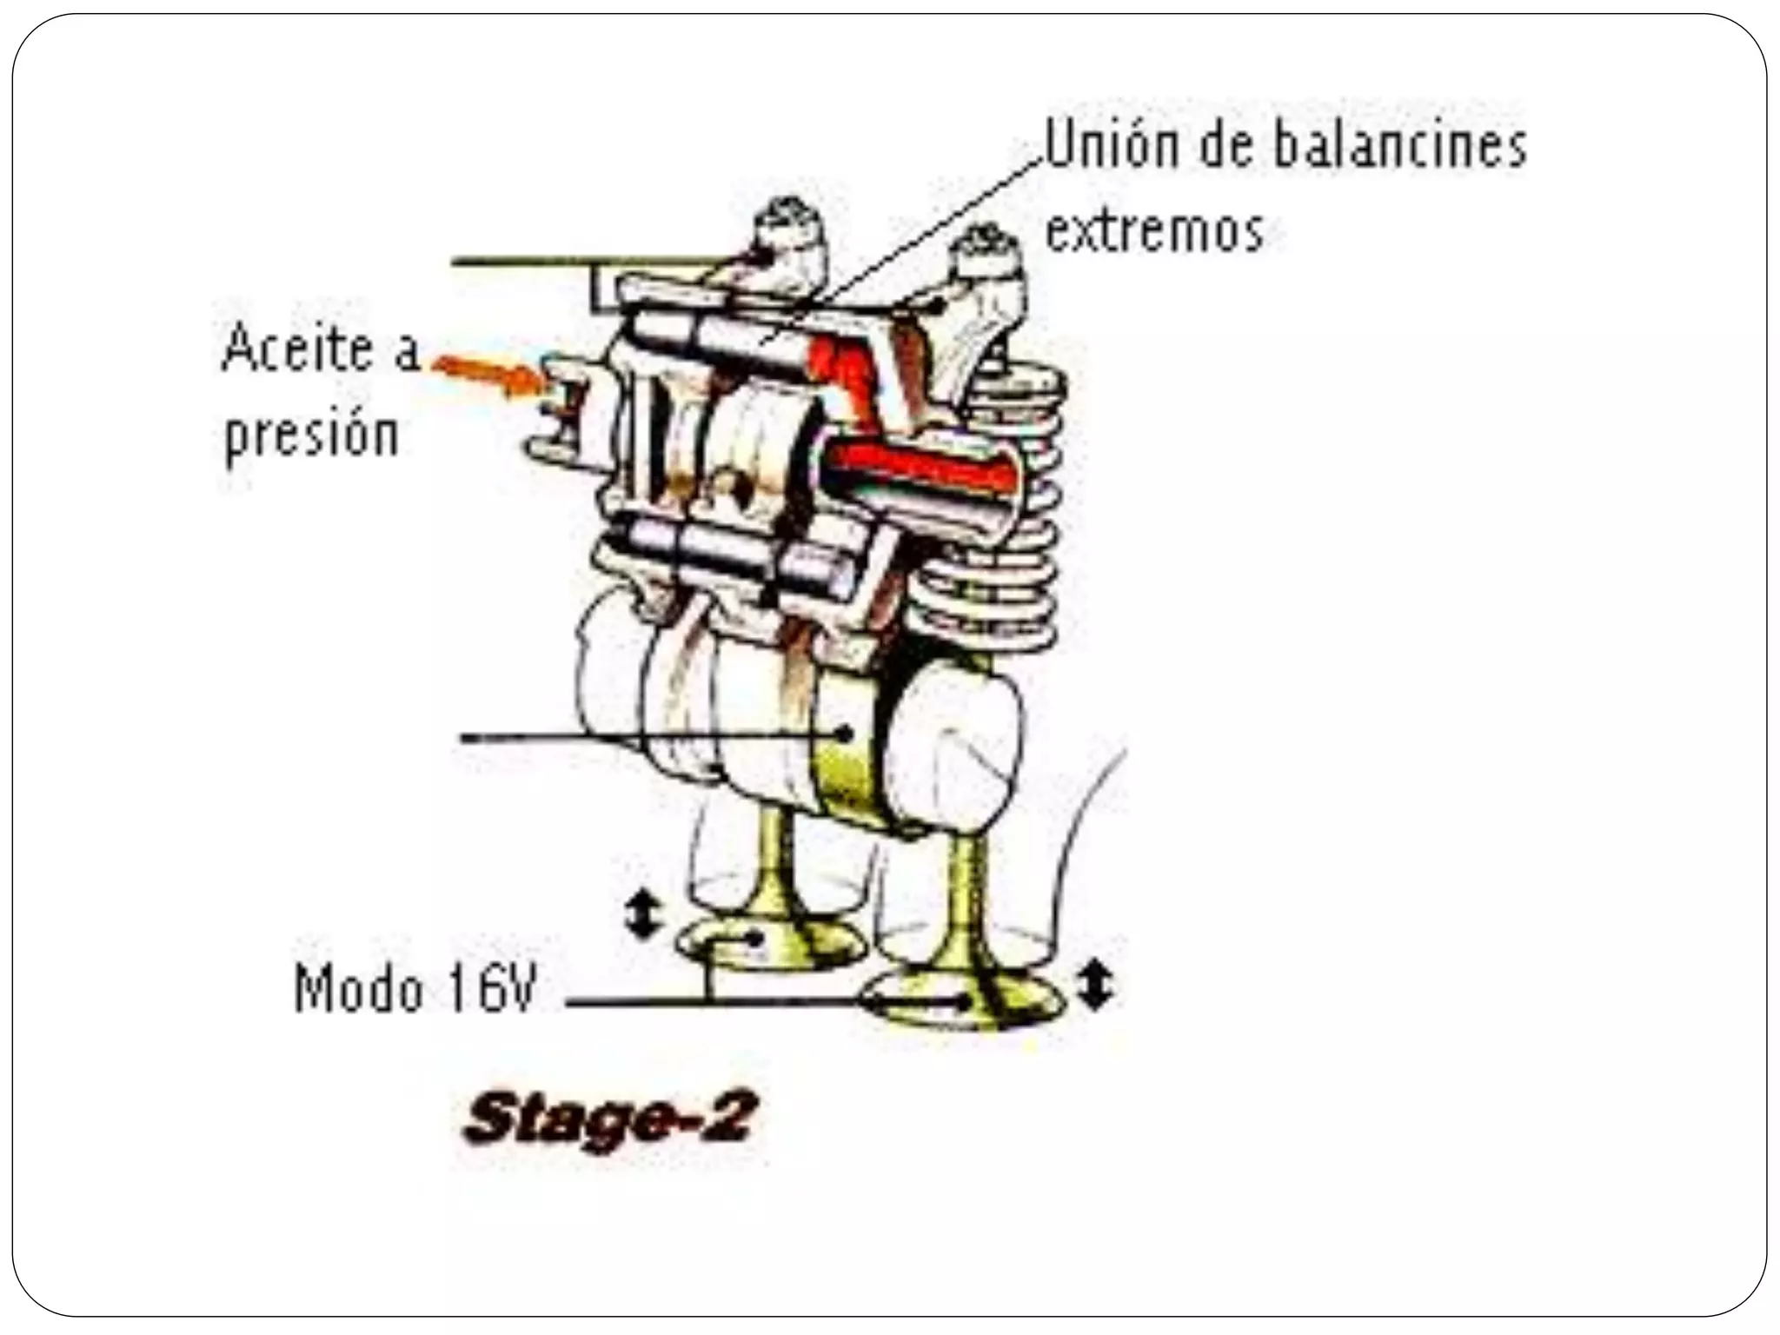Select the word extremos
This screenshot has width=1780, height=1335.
click(x=1153, y=231)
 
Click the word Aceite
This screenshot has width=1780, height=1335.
click(x=296, y=349)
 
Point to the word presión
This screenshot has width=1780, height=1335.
click(x=311, y=435)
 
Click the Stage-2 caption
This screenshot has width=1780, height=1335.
click(x=608, y=1121)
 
